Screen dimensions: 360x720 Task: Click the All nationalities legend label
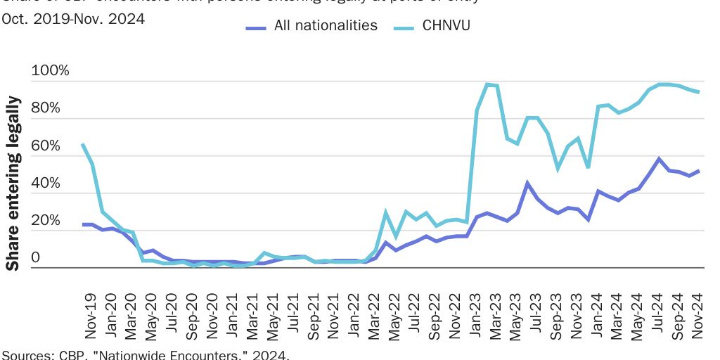[x=326, y=26]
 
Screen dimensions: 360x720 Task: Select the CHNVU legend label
[x=446, y=26]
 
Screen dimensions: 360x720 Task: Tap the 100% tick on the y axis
[x=50, y=71]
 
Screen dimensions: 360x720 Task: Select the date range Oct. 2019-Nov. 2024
[x=73, y=19]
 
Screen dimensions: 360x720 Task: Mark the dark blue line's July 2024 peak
[x=659, y=159]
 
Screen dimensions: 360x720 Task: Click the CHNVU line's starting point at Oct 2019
[x=83, y=144]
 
